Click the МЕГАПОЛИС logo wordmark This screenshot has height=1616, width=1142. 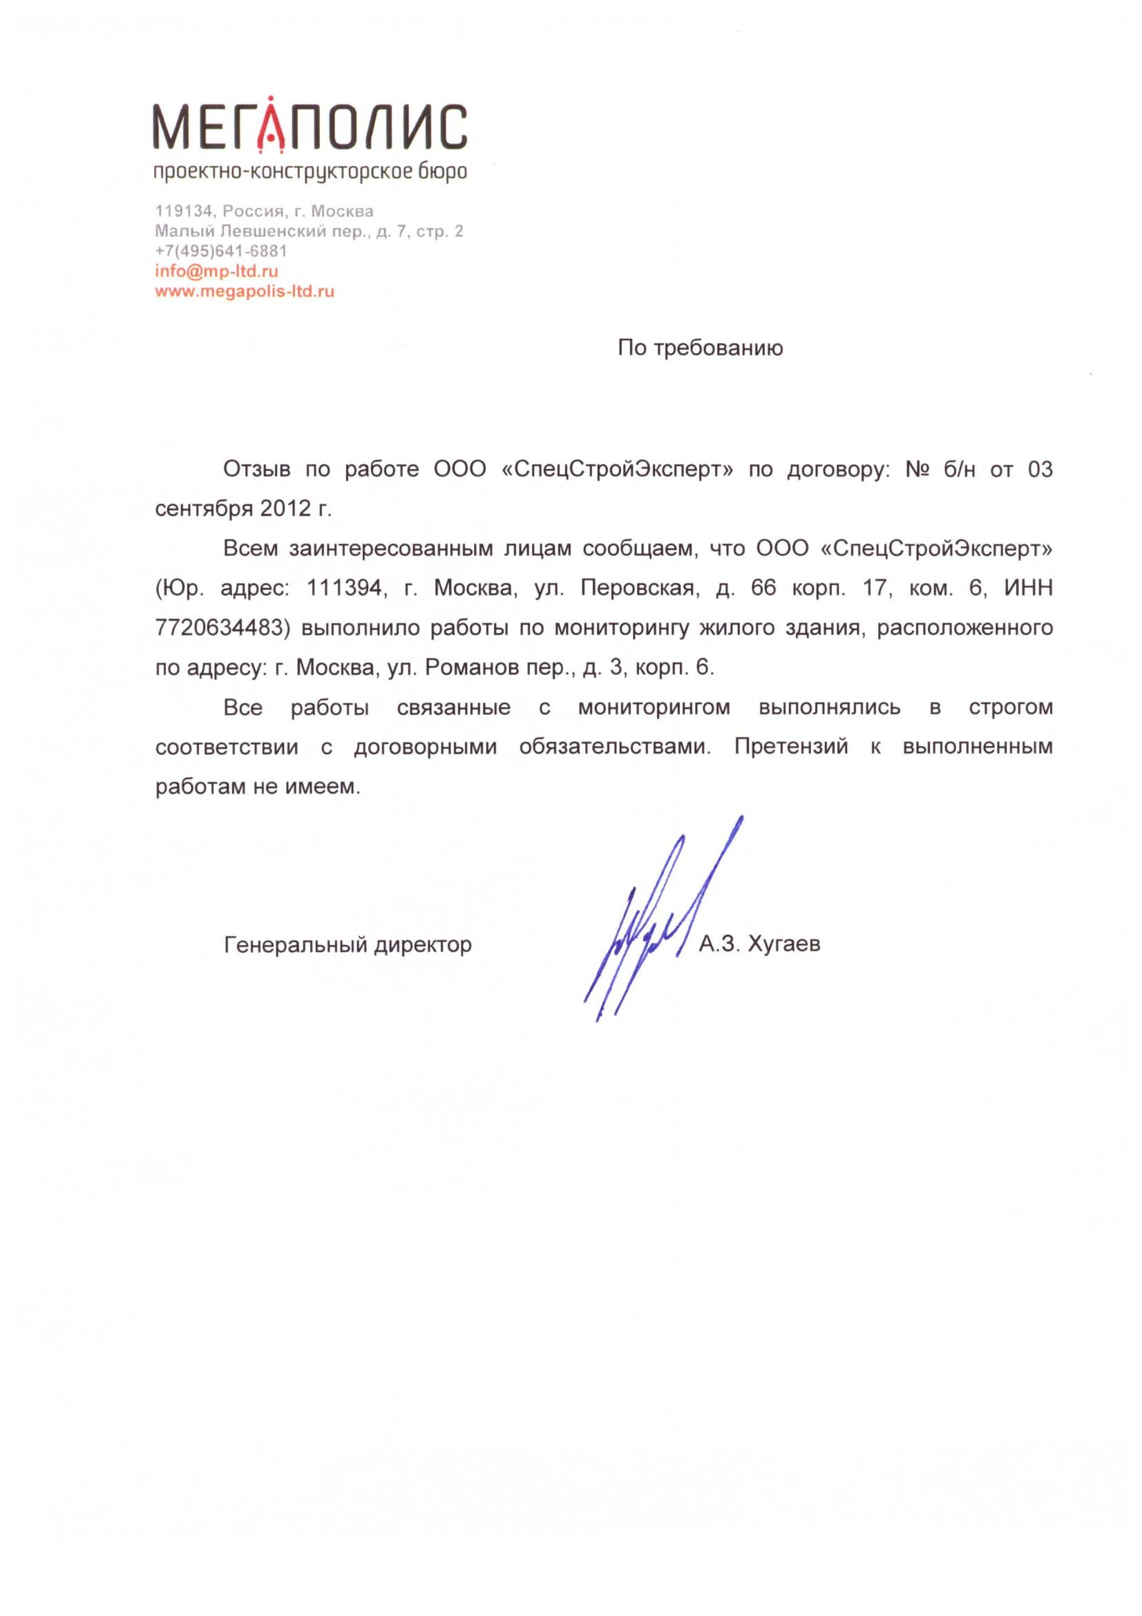coord(310,127)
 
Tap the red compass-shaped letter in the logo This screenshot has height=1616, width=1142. coord(271,125)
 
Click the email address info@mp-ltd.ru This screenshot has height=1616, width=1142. coord(216,271)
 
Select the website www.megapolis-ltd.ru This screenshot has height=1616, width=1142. coord(244,291)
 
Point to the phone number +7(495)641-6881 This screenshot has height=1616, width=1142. coord(221,251)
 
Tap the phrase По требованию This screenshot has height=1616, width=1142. coord(700,348)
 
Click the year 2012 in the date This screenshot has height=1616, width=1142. coord(284,509)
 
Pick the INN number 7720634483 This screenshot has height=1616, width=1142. coord(219,628)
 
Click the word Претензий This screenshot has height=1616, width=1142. coord(791,747)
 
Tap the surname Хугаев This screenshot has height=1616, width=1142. coord(783,944)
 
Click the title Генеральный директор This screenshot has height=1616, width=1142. coord(348,944)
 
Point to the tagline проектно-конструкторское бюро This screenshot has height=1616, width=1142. coord(310,172)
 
